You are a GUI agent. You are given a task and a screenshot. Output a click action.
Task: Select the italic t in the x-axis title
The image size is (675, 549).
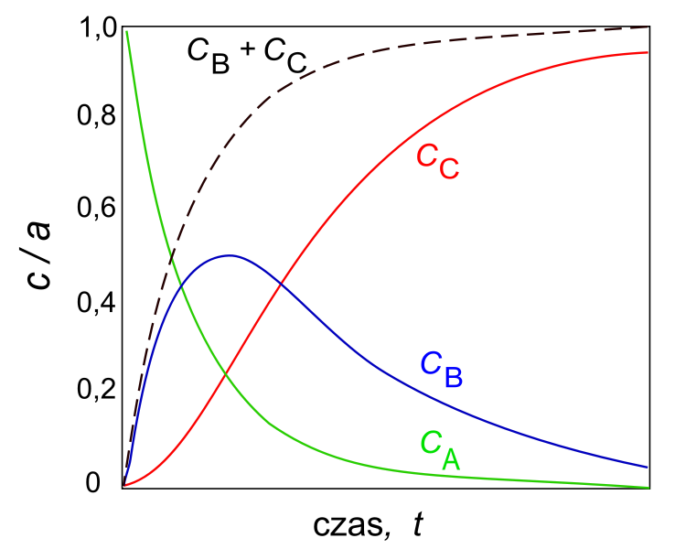point(418,525)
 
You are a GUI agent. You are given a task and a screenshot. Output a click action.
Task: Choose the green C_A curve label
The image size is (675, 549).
point(440,448)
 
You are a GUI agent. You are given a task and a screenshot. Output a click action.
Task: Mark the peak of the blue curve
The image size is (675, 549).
point(229,255)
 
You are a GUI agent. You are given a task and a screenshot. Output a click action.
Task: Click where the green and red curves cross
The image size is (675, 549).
point(225,371)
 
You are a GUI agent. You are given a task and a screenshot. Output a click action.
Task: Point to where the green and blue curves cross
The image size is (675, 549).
point(182,285)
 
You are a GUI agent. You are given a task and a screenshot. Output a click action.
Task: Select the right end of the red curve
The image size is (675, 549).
point(648,53)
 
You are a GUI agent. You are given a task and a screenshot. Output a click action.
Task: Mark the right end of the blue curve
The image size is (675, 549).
point(648,468)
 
